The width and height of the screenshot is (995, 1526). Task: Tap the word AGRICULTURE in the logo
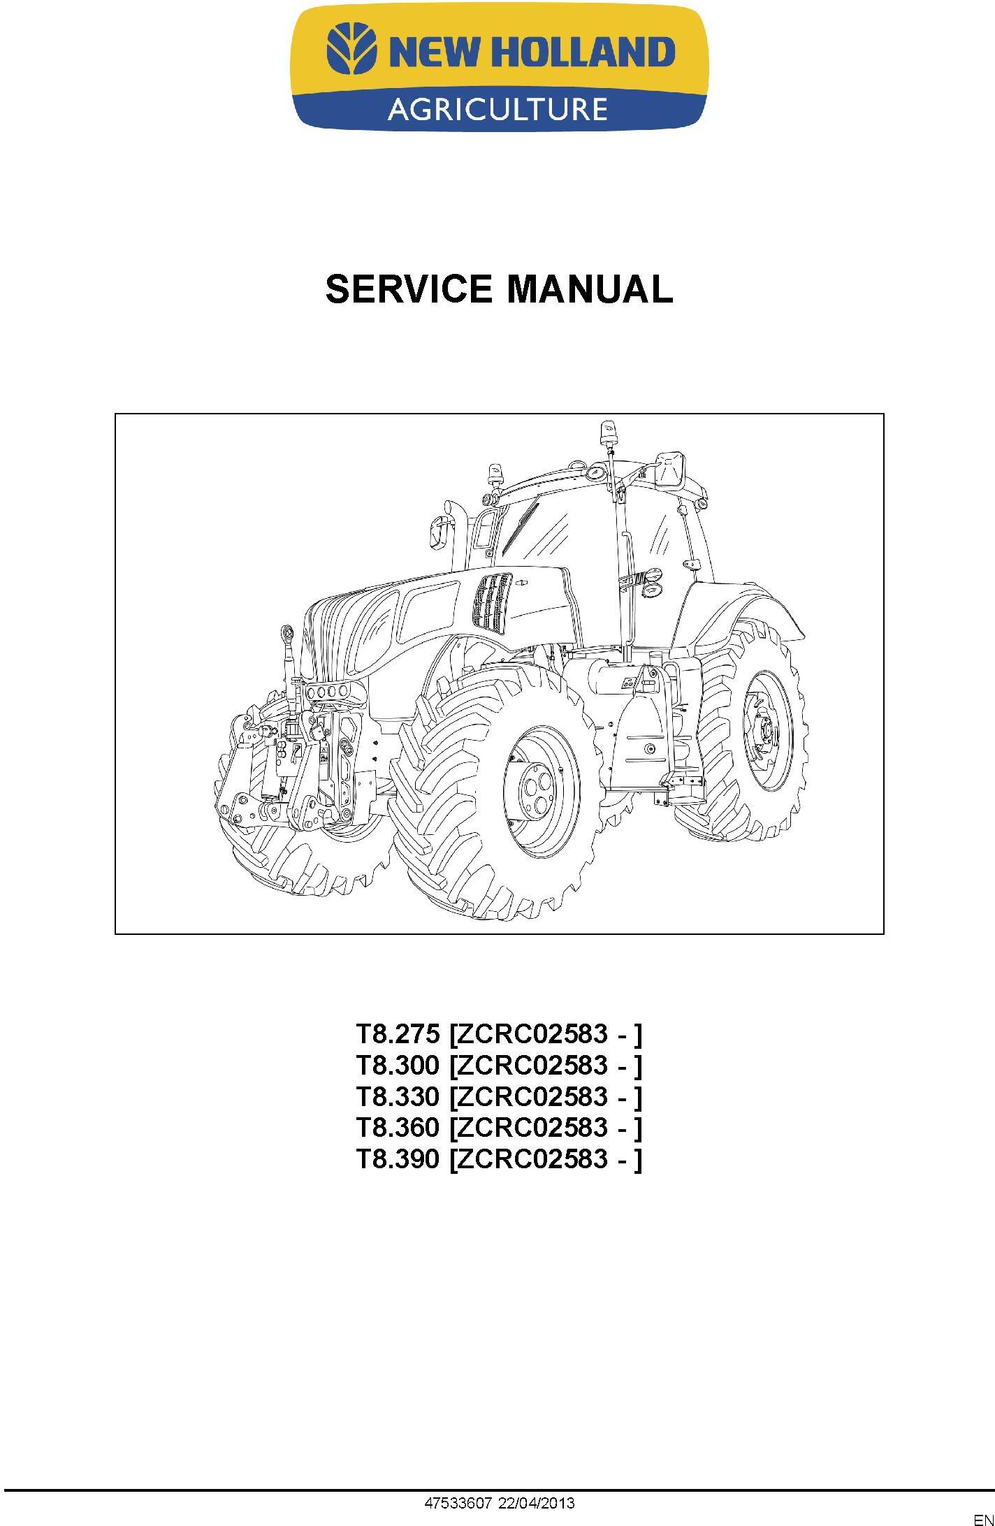tap(497, 109)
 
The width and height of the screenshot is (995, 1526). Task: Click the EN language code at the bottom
tap(983, 1519)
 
